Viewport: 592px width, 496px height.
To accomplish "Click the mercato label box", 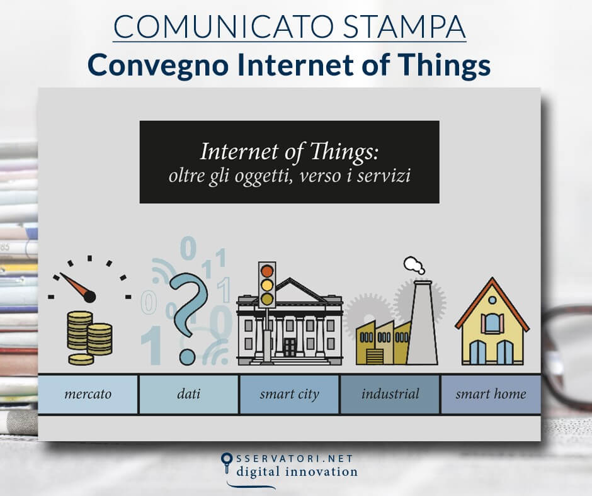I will (88, 395).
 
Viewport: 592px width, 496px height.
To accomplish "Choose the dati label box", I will (188, 395).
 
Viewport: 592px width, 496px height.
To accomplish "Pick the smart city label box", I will (289, 395).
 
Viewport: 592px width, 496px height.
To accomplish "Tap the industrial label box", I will (390, 395).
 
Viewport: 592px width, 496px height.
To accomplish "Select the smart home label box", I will (491, 395).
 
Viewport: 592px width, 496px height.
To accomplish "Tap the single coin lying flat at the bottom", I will (81, 359).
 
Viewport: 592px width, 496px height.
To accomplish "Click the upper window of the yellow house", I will (492, 323).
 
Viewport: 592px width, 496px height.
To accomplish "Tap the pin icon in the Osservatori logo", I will (227, 463).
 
